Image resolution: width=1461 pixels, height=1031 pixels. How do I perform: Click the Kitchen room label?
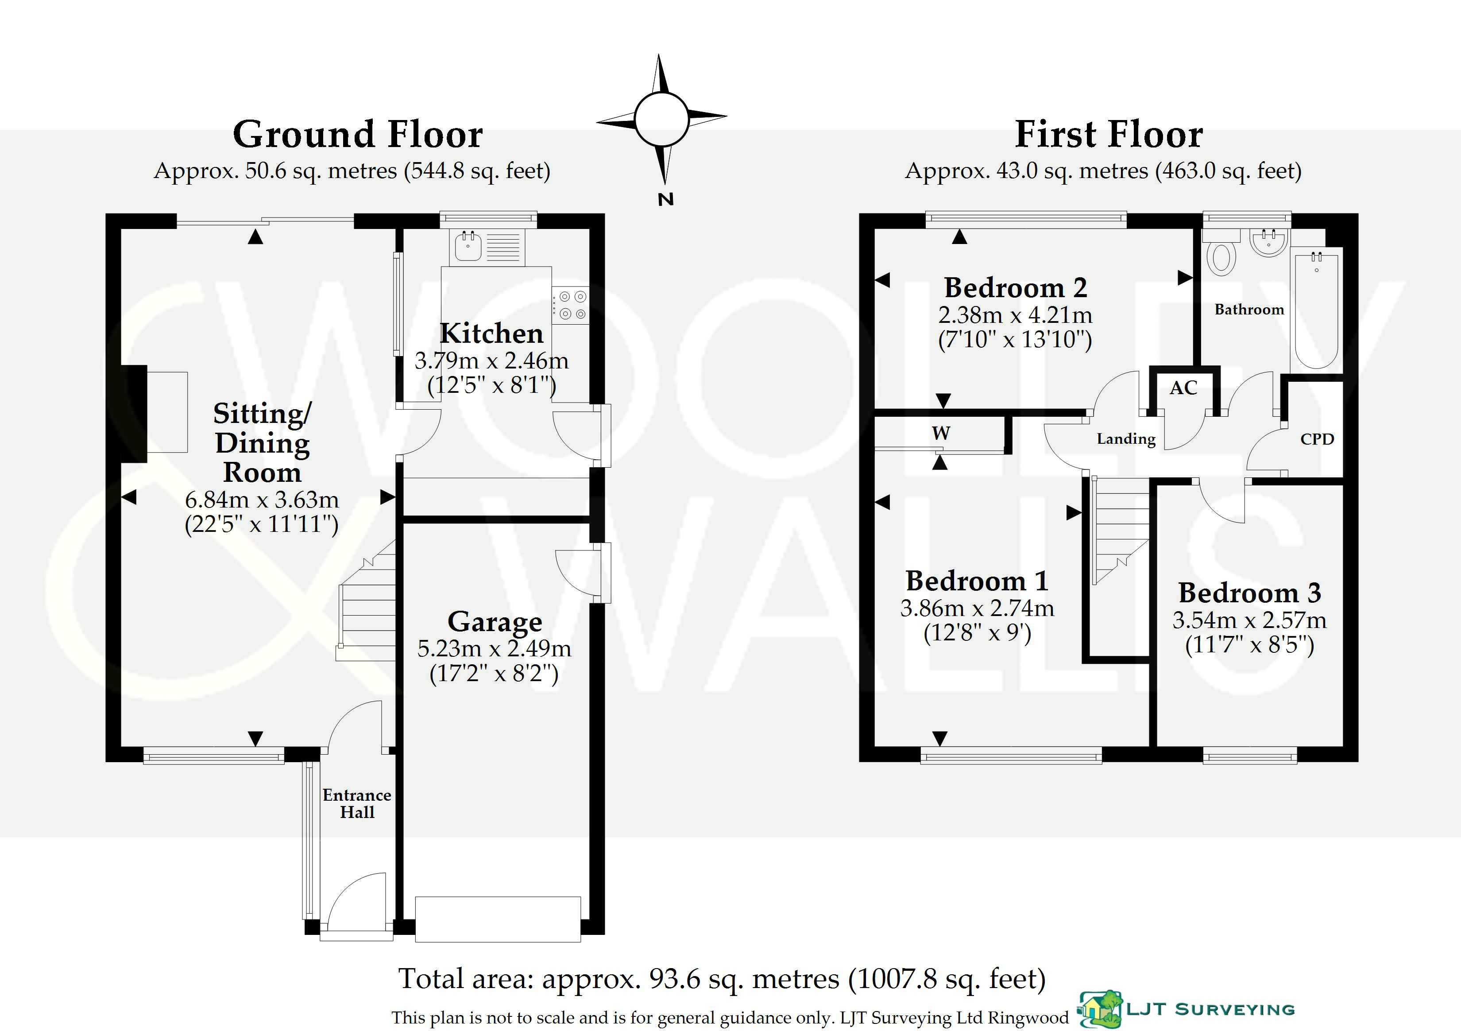coord(491,333)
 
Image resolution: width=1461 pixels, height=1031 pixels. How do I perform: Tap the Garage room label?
coord(495,622)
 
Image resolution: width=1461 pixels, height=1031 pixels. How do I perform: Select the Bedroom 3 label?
coord(1250,593)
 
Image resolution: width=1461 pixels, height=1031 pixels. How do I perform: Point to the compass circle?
coord(662,119)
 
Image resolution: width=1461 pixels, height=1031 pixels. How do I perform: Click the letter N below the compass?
coord(665,199)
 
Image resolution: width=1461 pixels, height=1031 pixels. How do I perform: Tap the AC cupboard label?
coord(1183,388)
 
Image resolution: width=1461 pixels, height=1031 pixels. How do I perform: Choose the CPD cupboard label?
coord(1317,439)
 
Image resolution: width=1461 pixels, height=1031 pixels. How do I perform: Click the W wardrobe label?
coord(941,434)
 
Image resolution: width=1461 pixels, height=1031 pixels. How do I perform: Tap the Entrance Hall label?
coord(357,803)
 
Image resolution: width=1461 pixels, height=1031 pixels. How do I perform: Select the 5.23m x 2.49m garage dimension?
coord(495,648)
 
